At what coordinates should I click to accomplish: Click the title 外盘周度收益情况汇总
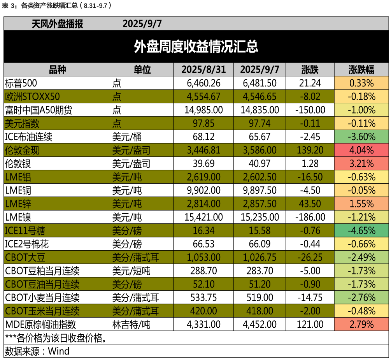[196, 47]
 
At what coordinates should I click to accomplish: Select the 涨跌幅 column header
[361, 70]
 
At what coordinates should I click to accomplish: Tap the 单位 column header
[142, 70]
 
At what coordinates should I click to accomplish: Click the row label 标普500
[21, 83]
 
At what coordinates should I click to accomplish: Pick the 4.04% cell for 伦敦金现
[361, 150]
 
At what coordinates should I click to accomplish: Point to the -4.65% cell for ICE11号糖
[361, 231]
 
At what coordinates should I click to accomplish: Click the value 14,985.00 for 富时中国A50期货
[203, 110]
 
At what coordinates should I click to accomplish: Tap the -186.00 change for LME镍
[310, 217]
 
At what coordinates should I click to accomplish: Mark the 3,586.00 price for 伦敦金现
[260, 150]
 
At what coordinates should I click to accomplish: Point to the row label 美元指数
[23, 123]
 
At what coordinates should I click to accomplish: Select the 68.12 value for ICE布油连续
[203, 137]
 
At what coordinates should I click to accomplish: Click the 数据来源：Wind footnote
[37, 351]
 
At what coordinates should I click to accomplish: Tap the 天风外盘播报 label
[57, 24]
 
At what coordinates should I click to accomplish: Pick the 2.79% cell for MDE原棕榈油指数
[361, 324]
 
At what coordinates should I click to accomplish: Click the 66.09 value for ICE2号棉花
[260, 244]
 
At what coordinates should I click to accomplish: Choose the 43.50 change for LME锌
[310, 204]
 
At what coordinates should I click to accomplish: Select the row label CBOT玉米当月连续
[42, 311]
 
